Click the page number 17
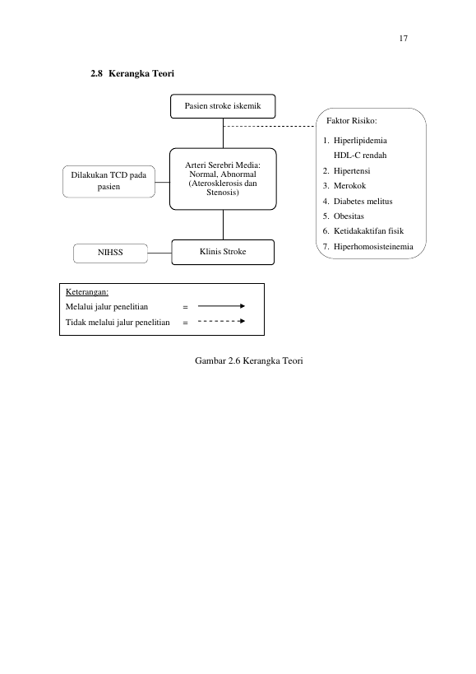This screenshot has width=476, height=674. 403,38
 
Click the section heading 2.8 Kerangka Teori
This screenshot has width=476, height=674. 132,73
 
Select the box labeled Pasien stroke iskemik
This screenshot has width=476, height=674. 223,106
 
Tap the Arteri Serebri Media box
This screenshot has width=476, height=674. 223,179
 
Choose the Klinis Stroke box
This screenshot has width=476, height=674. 223,252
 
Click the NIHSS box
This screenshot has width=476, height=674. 110,253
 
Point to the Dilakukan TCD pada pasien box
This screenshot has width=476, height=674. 109,181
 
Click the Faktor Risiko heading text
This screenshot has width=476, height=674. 352,121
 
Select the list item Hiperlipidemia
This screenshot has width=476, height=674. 360,141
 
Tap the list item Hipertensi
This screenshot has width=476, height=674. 352,170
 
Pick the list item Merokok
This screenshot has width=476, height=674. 350,186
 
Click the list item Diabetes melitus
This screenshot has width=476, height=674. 363,201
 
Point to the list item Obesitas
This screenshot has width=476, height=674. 349,216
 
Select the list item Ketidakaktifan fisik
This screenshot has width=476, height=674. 368,231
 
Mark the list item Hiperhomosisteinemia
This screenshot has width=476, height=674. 373,247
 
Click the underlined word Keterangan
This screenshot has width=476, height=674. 87,292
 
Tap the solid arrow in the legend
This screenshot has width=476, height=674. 221,306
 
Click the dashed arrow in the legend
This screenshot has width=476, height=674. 221,321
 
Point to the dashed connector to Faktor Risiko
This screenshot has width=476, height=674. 269,126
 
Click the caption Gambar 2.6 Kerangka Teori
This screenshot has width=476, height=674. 249,360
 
